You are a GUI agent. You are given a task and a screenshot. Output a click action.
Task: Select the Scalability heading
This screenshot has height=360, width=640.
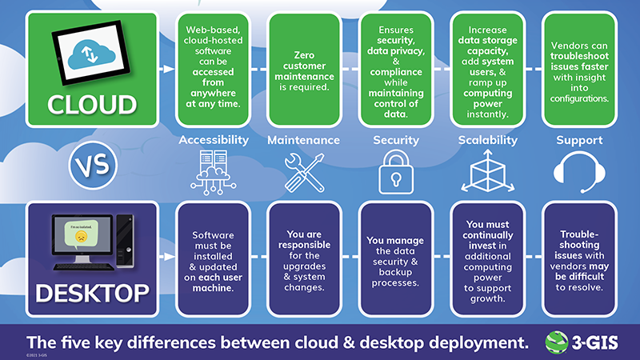tap(488, 140)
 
